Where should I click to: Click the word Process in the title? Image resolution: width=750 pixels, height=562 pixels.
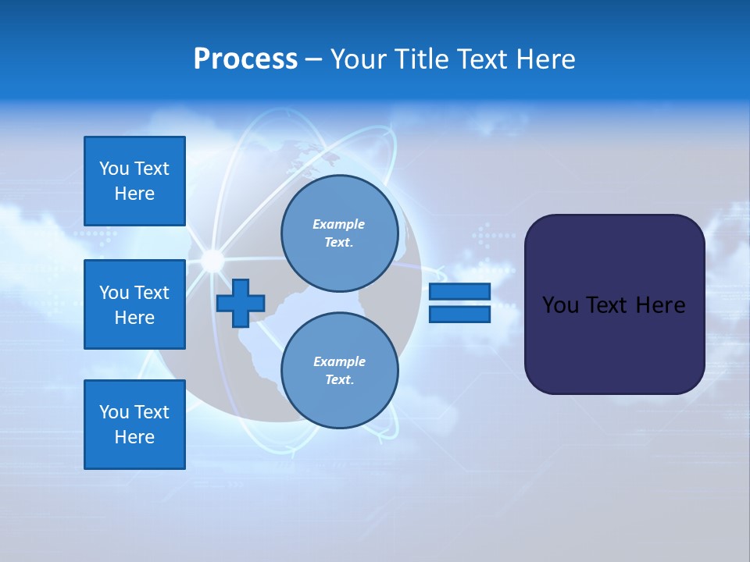[x=245, y=59]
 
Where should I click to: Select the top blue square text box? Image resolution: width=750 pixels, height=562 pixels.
[x=134, y=181]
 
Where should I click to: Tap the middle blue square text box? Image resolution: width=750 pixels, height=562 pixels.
[x=134, y=304]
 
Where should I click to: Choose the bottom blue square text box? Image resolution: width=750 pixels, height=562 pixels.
[x=134, y=425]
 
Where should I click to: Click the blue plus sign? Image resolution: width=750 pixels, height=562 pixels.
[x=241, y=303]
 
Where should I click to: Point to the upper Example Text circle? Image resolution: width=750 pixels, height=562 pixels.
[x=339, y=233]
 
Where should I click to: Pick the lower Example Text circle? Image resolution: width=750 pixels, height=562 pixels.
[x=339, y=371]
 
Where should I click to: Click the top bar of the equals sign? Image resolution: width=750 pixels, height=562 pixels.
[x=459, y=291]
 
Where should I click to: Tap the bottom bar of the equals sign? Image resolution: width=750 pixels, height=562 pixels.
[x=459, y=315]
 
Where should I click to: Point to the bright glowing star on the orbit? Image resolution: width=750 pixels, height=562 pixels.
[x=212, y=260]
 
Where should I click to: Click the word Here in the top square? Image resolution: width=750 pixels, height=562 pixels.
[x=134, y=194]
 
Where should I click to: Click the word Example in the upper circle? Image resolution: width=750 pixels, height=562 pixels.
[x=338, y=224]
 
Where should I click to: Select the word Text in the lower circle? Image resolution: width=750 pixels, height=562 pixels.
[x=338, y=380]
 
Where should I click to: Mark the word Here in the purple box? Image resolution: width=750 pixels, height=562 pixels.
[x=660, y=305]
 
